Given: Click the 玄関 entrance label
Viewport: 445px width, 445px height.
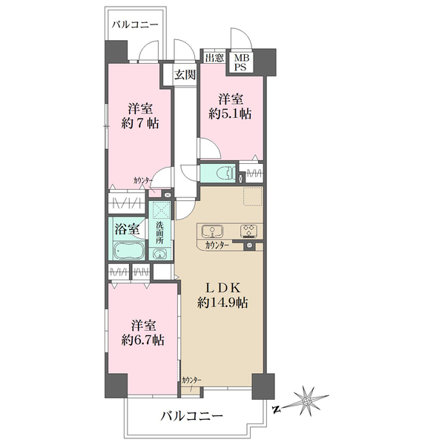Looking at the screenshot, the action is [x=185, y=75].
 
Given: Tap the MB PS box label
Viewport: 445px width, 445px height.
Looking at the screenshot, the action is [x=242, y=63].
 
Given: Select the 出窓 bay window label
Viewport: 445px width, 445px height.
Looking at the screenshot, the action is [x=214, y=58].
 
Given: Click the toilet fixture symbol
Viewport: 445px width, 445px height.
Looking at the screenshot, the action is [x=226, y=173].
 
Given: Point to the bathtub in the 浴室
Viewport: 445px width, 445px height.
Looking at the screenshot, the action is [x=129, y=251].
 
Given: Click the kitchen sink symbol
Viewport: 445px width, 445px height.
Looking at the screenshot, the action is [x=212, y=230].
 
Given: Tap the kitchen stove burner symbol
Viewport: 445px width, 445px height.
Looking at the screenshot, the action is [x=249, y=231].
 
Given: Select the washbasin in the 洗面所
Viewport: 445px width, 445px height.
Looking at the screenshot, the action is [x=160, y=254].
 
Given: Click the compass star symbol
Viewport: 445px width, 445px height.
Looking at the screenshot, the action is [x=307, y=401].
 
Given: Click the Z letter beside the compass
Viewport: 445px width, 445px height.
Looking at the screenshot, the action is [x=275, y=409].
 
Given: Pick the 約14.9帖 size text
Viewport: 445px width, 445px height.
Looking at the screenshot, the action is [x=222, y=303].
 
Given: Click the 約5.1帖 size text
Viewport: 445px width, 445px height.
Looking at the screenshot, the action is [x=230, y=113].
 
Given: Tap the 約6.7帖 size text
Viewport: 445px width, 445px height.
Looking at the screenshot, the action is [x=142, y=340].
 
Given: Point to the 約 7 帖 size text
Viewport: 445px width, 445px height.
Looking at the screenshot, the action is [x=140, y=123].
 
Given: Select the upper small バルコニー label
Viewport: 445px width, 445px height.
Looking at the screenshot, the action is [x=135, y=25].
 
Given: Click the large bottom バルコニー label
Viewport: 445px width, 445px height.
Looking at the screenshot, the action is [x=192, y=416].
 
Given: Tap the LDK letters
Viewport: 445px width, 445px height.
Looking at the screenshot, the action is [x=222, y=288].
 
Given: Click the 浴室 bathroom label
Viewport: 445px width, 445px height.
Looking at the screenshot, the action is [x=127, y=229].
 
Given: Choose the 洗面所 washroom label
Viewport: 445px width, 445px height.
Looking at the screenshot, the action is [x=159, y=233].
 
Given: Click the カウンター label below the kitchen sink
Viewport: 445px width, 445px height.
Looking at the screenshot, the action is [x=217, y=245].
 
